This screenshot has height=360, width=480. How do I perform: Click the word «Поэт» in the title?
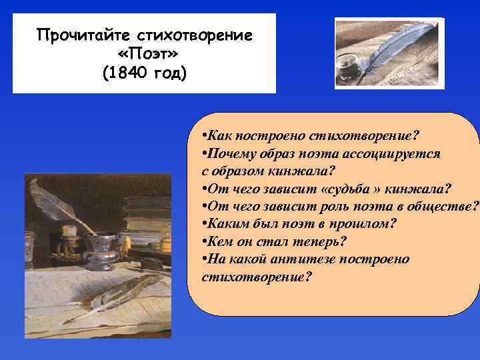pos(145,53)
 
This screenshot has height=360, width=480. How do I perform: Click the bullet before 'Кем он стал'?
pos(203,241)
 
